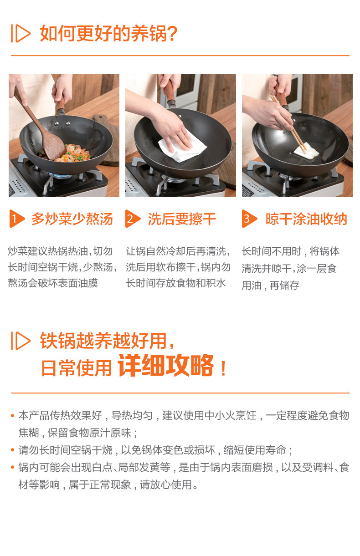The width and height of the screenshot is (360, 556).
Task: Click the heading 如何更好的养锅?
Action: [108, 33]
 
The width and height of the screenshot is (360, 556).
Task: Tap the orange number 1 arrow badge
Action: [17, 219]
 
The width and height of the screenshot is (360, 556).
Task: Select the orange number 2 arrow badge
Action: [133, 219]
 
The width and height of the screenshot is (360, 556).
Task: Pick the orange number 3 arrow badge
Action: [249, 219]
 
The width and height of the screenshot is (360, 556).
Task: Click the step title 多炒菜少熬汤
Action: [72, 219]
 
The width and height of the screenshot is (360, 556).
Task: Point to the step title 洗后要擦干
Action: [182, 219]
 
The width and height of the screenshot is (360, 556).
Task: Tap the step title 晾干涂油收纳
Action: [306, 219]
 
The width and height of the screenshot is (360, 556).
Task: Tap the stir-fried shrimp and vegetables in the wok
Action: [68, 153]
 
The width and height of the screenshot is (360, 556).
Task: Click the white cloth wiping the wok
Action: [182, 147]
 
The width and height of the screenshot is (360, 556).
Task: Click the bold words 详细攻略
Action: [165, 366]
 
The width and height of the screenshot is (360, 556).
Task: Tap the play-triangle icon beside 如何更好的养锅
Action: [21, 33]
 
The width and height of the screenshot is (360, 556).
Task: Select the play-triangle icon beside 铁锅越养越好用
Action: [21, 341]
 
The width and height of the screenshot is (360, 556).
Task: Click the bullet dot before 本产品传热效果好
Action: [13, 415]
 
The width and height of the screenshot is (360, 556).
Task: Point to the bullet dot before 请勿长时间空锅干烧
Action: [13, 450]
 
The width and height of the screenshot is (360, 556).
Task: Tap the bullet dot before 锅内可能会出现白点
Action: [13, 467]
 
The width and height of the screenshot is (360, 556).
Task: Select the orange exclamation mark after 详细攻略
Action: [223, 368]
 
